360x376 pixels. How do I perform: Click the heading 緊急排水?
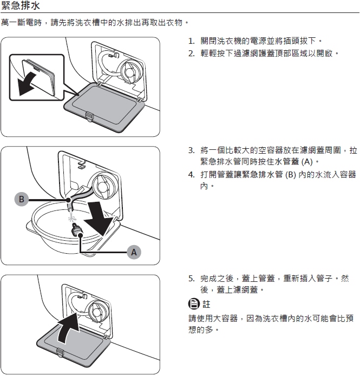click(x=20, y=5)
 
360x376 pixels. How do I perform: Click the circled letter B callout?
click(x=21, y=199)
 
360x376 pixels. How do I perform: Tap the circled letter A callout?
click(x=134, y=252)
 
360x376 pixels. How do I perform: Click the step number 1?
click(x=191, y=41)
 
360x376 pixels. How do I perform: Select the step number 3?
click(x=191, y=150)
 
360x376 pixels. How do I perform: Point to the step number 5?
click(x=191, y=279)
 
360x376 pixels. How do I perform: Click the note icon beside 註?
click(x=194, y=304)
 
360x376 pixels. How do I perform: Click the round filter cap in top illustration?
click(x=131, y=71)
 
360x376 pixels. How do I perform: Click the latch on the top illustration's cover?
click(x=89, y=116)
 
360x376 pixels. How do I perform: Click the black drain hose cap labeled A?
click(x=77, y=230)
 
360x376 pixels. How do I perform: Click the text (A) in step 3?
click(x=307, y=162)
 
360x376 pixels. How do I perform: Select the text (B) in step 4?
click(x=290, y=175)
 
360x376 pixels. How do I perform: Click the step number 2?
click(x=191, y=53)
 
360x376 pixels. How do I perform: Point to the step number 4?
click(x=191, y=175)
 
